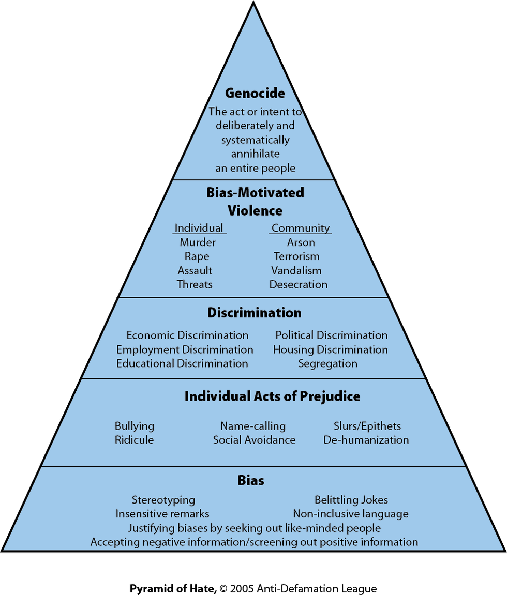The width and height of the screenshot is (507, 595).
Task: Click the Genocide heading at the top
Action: (x=255, y=94)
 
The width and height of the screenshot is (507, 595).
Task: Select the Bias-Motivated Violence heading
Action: (x=255, y=202)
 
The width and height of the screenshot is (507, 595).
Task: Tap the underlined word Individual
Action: (x=199, y=228)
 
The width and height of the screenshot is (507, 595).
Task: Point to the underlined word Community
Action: (x=301, y=228)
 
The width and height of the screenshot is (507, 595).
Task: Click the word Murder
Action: (x=198, y=242)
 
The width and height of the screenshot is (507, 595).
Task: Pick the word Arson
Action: (x=301, y=242)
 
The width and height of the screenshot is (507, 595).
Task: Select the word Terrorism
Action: (x=296, y=256)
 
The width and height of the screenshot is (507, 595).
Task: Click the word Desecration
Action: (x=298, y=284)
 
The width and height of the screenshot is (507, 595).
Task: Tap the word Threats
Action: (x=195, y=284)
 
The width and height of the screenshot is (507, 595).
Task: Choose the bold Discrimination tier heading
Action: (x=254, y=313)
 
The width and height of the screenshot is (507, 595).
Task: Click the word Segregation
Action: (x=327, y=363)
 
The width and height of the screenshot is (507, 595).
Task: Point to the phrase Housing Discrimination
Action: (x=330, y=349)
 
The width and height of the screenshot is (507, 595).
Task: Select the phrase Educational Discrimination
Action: (x=182, y=363)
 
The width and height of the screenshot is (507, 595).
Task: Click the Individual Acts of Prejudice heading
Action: (x=272, y=396)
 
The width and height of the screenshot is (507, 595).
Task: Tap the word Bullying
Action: (x=135, y=426)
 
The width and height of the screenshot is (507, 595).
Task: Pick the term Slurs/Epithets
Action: (x=367, y=426)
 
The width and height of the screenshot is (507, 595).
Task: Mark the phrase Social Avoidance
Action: (x=254, y=440)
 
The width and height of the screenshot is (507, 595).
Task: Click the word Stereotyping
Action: (x=163, y=500)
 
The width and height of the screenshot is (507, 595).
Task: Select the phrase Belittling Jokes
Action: (x=351, y=500)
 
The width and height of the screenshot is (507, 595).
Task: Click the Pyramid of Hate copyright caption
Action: (x=253, y=588)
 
